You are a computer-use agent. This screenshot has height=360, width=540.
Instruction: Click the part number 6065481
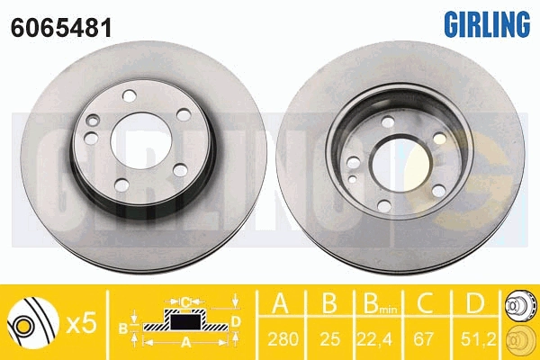pos(61,28)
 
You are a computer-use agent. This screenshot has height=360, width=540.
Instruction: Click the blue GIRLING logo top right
pos(487,23)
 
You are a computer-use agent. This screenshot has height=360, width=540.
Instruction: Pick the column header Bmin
pos(379,304)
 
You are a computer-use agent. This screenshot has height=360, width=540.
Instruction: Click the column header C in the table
pos(426,303)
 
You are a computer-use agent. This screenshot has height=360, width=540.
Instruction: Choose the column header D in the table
pos(474,303)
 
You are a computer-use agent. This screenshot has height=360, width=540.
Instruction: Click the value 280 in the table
pos(283,339)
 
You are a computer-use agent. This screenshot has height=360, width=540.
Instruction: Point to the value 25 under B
pos(330,339)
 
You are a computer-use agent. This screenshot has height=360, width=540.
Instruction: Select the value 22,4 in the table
pos(374,339)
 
